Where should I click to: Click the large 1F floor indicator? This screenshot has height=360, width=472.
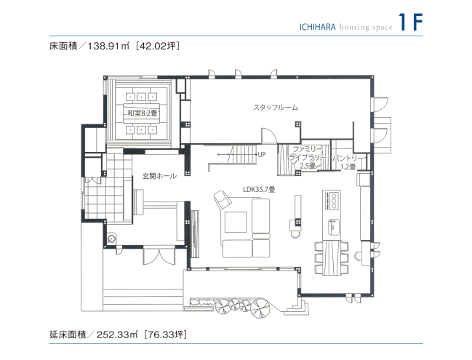pyautogui.click(x=411, y=22)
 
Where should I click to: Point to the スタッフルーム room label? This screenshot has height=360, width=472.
pyautogui.click(x=276, y=108)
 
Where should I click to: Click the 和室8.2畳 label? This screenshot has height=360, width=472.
pyautogui.click(x=143, y=113)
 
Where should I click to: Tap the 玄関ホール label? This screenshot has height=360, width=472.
pyautogui.click(x=159, y=176)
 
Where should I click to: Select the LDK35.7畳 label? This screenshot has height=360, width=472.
pyautogui.click(x=259, y=189)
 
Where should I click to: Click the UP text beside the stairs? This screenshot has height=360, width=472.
pyautogui.click(x=261, y=155)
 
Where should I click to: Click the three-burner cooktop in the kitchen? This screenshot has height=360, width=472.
pyautogui.click(x=332, y=199)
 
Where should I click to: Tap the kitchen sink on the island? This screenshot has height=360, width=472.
pyautogui.click(x=334, y=225)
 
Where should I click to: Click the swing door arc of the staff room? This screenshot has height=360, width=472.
pyautogui.click(x=269, y=137)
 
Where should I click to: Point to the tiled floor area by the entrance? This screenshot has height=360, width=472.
pyautogui.click(x=95, y=196)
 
